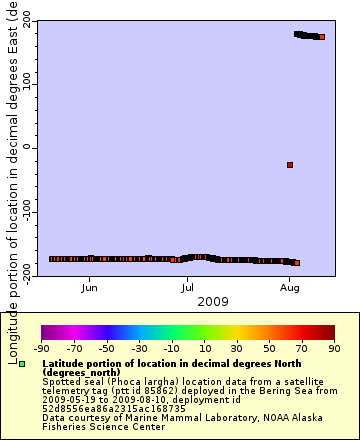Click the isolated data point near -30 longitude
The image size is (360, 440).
[x=290, y=165]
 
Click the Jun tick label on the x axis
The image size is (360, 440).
[x=90, y=288]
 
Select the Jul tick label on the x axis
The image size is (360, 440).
[x=188, y=288]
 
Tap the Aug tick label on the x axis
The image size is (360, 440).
[x=289, y=288]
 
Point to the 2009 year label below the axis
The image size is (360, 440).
[x=213, y=300]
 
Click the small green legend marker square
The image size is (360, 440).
[x=22, y=365]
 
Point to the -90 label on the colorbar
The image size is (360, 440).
[x=41, y=349]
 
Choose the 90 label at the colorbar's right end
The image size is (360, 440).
[x=333, y=349]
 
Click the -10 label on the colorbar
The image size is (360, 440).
[x=171, y=349]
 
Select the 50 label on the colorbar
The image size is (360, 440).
[x=269, y=349]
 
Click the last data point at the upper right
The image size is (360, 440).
[x=322, y=37]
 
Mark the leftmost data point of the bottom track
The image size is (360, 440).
[x=52, y=259]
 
